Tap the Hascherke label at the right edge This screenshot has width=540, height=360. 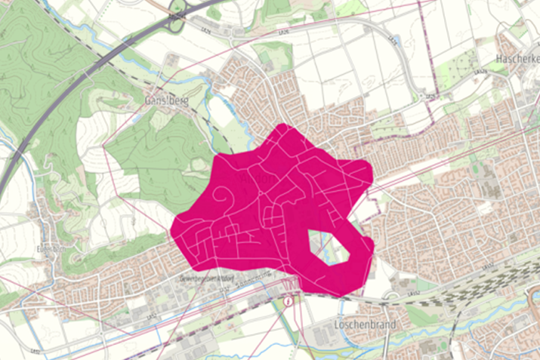pyautogui.click(x=517, y=58)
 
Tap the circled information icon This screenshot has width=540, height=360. pyautogui.click(x=289, y=300)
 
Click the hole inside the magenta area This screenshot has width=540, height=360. pyautogui.click(x=329, y=248)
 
